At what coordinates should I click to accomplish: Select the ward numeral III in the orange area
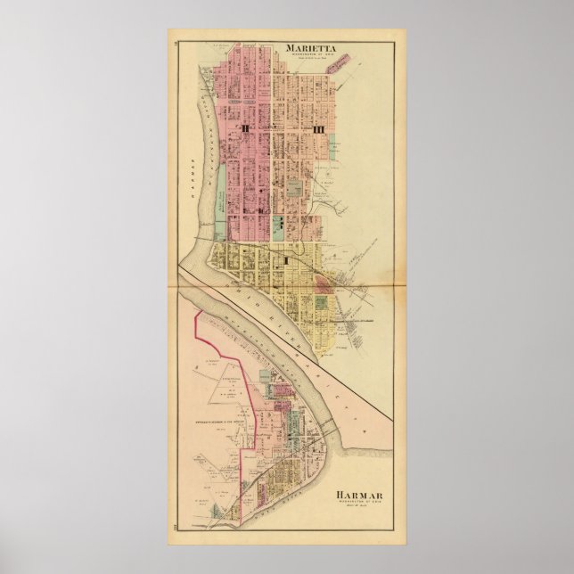pos(317,130)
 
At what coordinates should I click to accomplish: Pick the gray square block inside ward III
pos(294,183)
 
